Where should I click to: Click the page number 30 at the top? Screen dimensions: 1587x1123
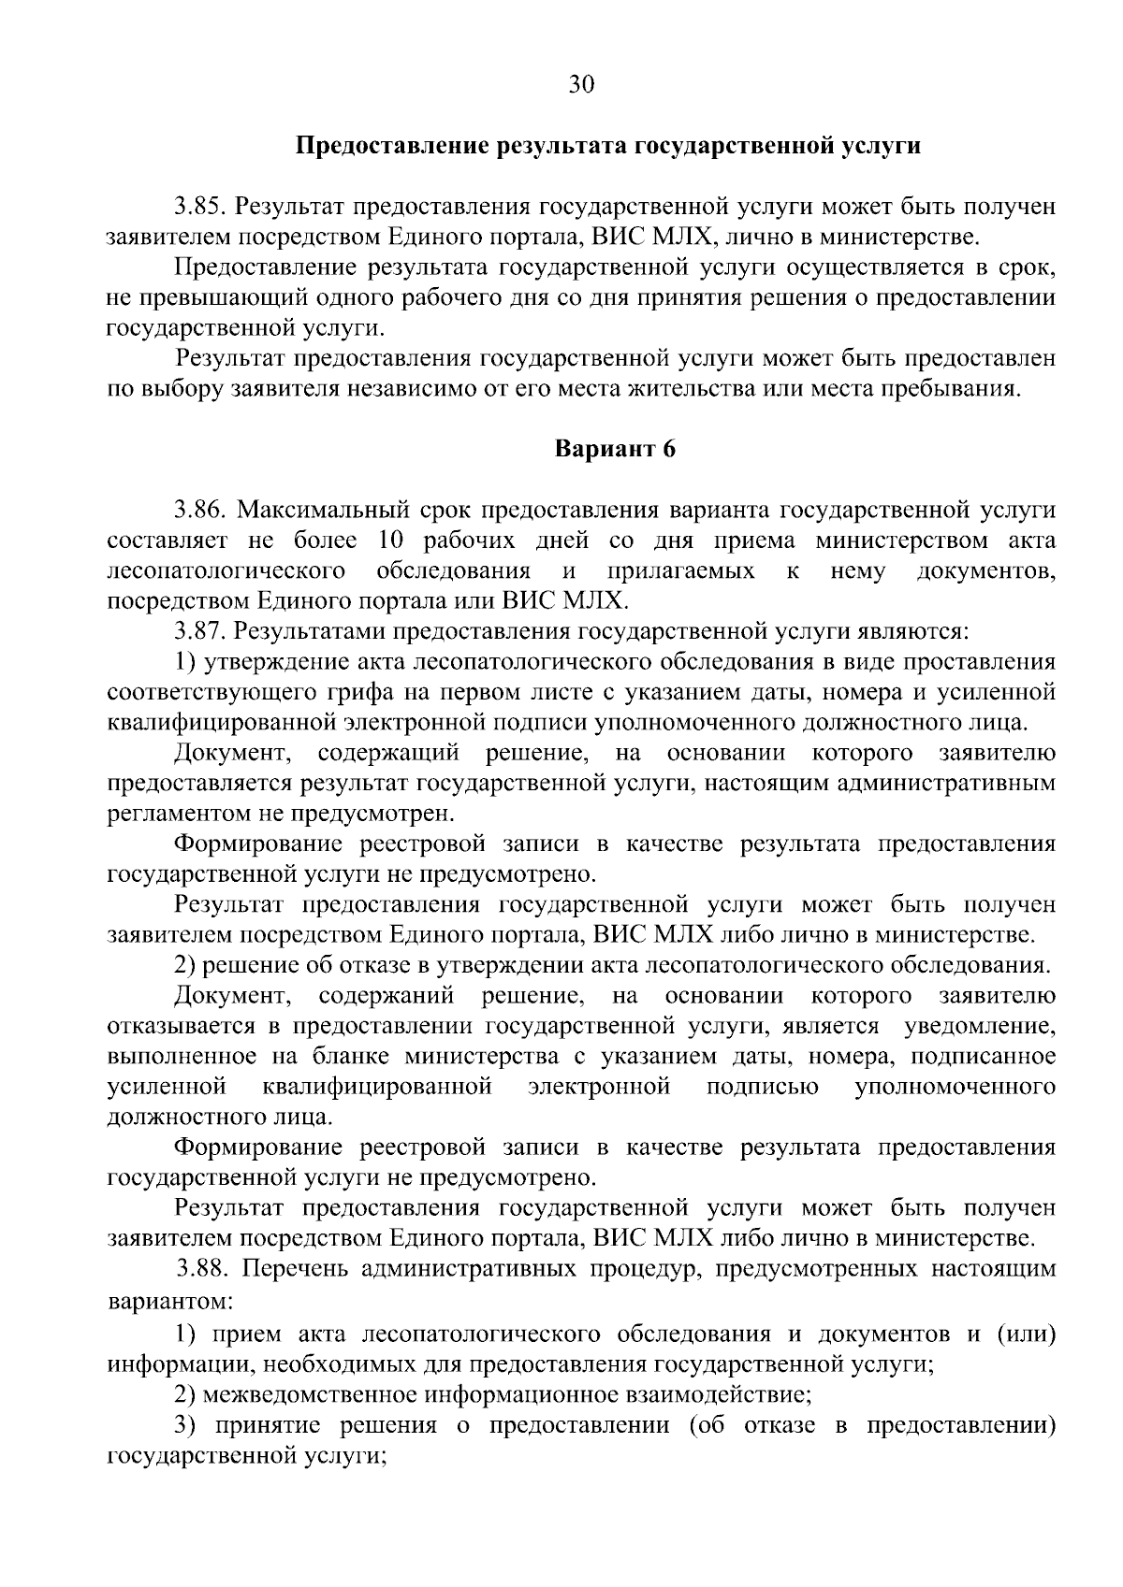(x=581, y=85)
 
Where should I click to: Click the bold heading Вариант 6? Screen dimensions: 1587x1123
(x=615, y=449)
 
